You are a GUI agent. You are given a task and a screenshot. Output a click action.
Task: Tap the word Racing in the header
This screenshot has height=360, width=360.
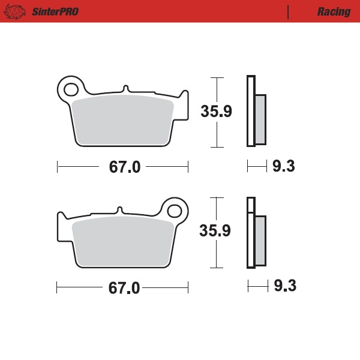point(334,12)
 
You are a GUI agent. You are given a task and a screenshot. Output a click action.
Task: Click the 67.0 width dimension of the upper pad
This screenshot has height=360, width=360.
point(124,167)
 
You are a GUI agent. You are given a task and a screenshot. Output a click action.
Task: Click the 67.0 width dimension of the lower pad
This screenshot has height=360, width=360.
point(124,288)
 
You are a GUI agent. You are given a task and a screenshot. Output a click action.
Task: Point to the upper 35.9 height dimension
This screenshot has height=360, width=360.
point(216,112)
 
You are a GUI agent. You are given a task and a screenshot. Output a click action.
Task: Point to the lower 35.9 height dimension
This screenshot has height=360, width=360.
point(216,231)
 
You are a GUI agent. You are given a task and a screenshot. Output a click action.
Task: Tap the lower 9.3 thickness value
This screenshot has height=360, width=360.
point(284,286)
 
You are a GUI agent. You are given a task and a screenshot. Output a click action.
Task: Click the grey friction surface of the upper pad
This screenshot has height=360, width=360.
point(123,120)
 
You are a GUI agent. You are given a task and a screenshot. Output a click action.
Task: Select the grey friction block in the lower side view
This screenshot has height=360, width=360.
point(260,240)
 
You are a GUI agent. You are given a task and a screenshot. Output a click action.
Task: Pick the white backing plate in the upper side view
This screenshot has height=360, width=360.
point(251,111)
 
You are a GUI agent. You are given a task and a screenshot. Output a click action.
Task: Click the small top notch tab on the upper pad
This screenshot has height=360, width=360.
point(125,89)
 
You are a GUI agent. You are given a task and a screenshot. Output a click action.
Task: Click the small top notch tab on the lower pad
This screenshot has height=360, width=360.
point(120,210)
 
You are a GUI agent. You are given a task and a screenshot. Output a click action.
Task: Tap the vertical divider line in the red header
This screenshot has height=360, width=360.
point(289,12)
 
